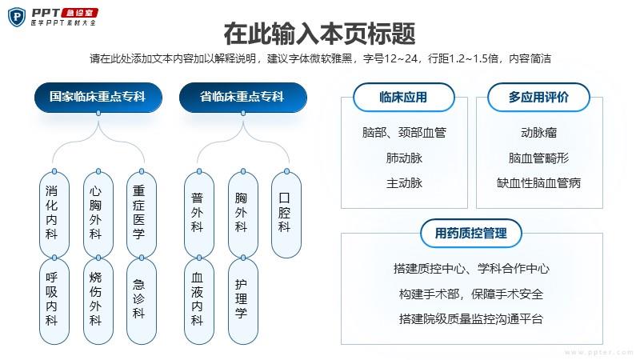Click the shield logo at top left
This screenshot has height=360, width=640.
tap(17, 17)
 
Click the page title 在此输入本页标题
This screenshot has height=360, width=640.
tap(319, 34)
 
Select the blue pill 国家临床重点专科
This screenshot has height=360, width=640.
tap(98, 97)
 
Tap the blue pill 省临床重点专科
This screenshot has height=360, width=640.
tap(243, 97)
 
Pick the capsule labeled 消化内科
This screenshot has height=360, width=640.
tap(54, 214)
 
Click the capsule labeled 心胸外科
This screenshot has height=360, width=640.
tap(98, 214)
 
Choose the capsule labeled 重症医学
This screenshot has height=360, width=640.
tap(142, 214)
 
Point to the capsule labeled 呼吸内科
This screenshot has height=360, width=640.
tap(54, 302)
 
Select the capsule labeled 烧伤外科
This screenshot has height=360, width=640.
tap(98, 302)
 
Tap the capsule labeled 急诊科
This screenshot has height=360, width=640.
tap(142, 302)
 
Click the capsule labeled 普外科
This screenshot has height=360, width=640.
tap(199, 214)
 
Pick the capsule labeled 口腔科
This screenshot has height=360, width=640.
tap(286, 214)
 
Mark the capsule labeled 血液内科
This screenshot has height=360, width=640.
tap(199, 302)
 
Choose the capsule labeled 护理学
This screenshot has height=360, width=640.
tap(243, 302)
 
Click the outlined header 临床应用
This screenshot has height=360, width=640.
tap(404, 97)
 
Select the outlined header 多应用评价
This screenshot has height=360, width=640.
tap(538, 97)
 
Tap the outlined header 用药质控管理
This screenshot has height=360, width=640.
tap(471, 234)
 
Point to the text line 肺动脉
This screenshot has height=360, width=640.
tap(404, 158)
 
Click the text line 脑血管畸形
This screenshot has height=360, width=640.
tap(538, 158)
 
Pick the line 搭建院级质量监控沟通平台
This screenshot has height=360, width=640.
tap(471, 318)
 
